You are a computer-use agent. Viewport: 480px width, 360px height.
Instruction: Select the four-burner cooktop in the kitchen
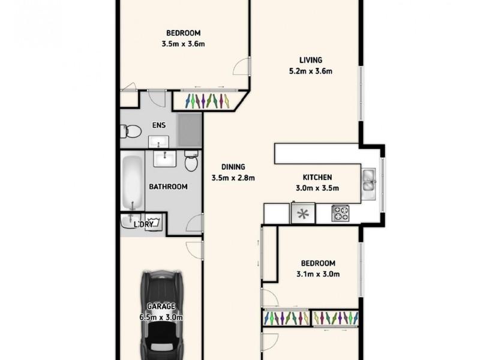(x=341, y=213)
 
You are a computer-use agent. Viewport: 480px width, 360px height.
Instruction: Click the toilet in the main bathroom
(x=191, y=161)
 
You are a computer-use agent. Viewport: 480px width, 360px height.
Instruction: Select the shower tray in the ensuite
(x=190, y=129)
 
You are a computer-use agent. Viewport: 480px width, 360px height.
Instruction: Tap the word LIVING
(x=311, y=60)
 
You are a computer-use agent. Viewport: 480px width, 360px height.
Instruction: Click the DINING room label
(x=233, y=167)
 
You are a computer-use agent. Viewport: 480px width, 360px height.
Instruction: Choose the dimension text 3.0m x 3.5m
(x=317, y=188)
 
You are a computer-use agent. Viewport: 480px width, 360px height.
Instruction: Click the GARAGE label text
(x=161, y=307)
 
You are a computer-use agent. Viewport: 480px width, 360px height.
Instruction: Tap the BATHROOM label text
(x=168, y=187)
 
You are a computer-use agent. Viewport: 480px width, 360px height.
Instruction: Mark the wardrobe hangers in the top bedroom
(x=207, y=100)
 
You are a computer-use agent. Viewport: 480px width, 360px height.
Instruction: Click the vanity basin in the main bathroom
(x=163, y=159)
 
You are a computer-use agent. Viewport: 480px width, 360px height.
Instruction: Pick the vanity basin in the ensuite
(x=158, y=142)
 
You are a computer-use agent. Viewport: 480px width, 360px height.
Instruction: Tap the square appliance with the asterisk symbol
(x=303, y=213)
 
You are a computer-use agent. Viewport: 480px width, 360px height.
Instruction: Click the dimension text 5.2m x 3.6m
(x=311, y=71)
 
